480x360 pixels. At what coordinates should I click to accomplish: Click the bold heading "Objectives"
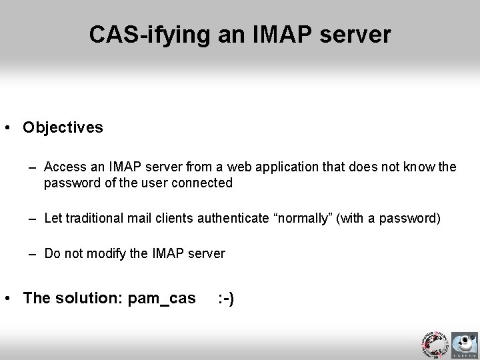click(63, 127)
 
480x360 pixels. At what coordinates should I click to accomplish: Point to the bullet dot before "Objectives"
click(13, 127)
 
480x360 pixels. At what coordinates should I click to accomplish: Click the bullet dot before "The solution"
click(13, 298)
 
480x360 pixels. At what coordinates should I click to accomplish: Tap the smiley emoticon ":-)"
click(226, 298)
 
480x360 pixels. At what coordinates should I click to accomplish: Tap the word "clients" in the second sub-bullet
click(179, 218)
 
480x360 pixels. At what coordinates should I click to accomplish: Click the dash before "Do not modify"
click(34, 253)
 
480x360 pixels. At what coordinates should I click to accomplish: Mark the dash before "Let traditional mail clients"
click(34, 218)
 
